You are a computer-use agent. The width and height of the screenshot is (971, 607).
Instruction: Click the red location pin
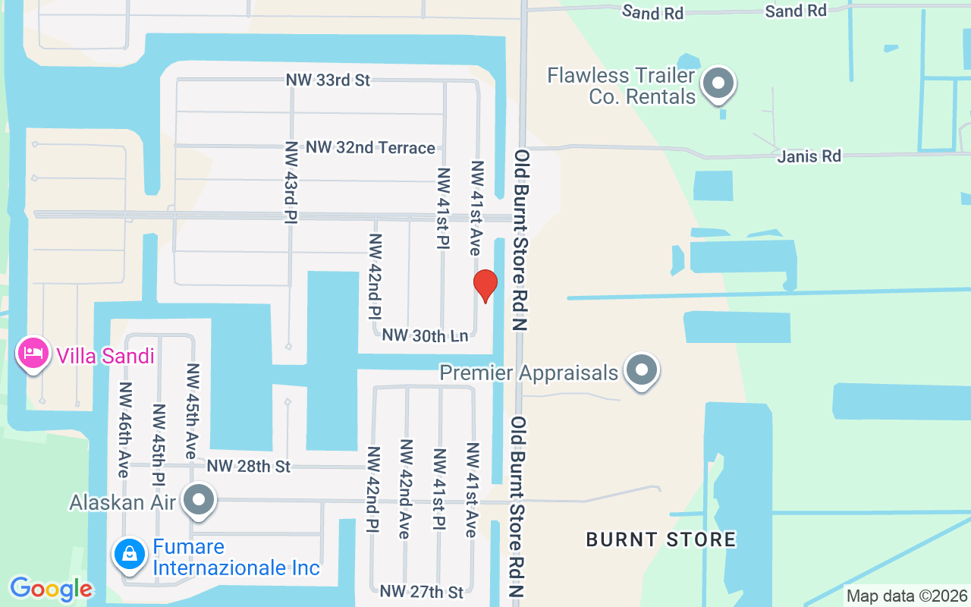tap(485, 285)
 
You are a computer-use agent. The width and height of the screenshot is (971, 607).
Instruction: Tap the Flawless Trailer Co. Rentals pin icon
tap(718, 84)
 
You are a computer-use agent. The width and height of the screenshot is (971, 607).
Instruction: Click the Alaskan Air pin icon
tap(200, 500)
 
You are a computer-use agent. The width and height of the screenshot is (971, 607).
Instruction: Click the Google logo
tap(51, 589)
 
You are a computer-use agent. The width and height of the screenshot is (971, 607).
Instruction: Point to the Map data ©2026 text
tap(907, 596)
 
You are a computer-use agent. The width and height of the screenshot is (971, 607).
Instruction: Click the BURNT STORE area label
tap(661, 539)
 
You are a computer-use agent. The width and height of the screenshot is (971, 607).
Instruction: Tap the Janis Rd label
tap(809, 156)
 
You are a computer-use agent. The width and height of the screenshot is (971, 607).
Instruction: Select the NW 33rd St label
tap(328, 80)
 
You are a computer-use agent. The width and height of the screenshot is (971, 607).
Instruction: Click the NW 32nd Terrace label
tap(370, 147)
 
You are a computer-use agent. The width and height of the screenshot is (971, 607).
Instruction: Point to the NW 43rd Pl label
tap(292, 182)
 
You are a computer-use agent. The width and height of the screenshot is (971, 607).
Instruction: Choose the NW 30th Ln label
tap(425, 335)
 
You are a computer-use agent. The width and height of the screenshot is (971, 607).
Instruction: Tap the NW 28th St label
tap(249, 466)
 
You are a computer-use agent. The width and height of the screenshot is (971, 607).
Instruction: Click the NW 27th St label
tap(422, 591)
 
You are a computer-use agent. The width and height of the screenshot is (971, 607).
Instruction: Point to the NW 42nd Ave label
tap(405, 489)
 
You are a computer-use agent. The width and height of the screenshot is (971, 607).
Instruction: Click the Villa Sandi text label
tap(105, 356)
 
